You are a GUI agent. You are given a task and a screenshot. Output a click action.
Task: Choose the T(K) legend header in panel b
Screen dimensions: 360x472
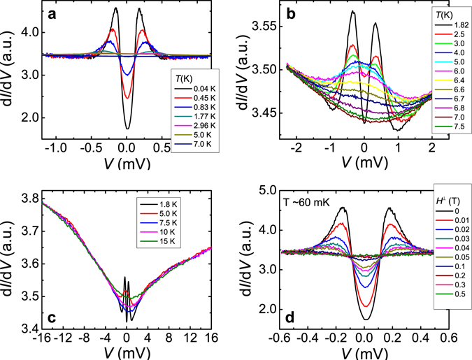[x=445, y=13]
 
